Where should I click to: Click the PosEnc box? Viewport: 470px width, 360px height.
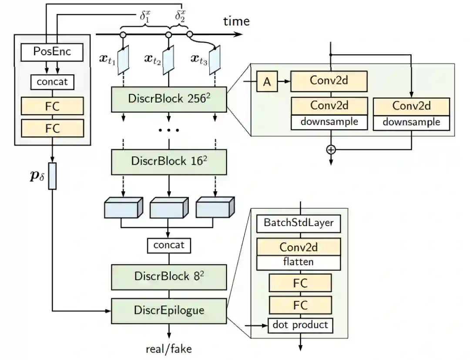click(x=52, y=53)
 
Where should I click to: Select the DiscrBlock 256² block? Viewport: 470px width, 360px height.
click(x=169, y=100)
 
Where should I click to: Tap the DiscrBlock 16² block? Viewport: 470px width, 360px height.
click(x=169, y=162)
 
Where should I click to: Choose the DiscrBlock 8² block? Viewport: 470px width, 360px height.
click(x=169, y=277)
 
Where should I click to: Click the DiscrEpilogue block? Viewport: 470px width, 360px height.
click(x=169, y=311)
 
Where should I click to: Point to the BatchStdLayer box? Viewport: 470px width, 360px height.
click(x=299, y=223)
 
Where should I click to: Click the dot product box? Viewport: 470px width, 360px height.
click(x=300, y=325)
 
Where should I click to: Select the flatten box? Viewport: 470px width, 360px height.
click(x=299, y=263)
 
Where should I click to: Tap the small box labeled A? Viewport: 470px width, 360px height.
click(x=267, y=81)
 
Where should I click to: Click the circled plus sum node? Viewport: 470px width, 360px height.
click(x=331, y=150)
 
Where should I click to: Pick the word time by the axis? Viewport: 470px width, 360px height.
click(x=236, y=21)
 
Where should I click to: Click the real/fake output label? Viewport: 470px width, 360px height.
click(x=169, y=349)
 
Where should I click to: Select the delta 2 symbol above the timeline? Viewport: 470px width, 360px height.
click(x=180, y=16)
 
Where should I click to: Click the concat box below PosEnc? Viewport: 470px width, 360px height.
click(x=52, y=82)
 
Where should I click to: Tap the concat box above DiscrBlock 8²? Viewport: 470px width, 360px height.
click(x=169, y=246)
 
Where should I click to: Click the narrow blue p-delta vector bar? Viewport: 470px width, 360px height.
click(x=52, y=176)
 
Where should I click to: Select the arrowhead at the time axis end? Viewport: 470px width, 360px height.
click(x=238, y=34)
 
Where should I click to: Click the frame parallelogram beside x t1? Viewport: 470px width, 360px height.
click(x=123, y=60)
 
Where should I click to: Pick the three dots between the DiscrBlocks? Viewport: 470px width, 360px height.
click(x=169, y=130)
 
